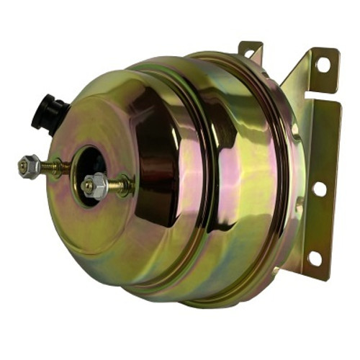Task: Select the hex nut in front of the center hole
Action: pos(95,186)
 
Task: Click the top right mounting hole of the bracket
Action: pos(322,64)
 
